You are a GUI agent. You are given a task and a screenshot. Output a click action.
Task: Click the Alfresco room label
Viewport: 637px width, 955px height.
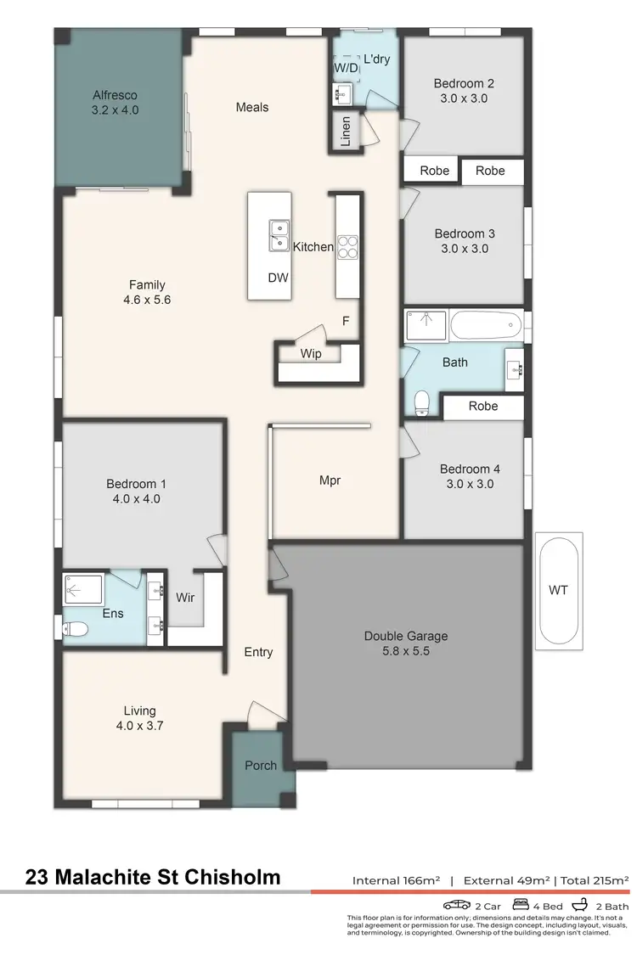[115, 95]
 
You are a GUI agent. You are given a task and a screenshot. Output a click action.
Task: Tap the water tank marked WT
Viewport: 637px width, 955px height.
[559, 589]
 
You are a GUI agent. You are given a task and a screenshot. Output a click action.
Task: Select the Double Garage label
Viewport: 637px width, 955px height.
[405, 636]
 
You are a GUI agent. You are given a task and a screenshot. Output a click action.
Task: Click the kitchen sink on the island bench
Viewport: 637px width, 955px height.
[278, 235]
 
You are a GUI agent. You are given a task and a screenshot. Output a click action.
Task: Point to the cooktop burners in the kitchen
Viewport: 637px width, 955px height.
[347, 246]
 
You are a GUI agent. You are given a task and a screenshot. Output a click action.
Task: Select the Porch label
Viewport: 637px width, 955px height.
[261, 765]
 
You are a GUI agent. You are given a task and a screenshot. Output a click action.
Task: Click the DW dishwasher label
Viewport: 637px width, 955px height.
[277, 278]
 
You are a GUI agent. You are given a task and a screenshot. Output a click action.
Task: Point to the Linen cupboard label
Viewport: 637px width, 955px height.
[346, 132]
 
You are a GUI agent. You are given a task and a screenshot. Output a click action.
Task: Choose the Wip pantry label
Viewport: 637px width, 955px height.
[311, 353]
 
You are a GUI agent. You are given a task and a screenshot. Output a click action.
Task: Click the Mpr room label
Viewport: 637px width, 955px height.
[330, 480]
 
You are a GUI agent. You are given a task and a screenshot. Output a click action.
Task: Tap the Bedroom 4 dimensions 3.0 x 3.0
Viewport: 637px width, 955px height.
[465, 484]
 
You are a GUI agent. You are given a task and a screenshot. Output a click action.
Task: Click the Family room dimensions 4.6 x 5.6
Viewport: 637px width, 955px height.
[147, 300]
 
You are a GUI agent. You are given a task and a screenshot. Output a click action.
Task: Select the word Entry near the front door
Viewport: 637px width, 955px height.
[258, 652]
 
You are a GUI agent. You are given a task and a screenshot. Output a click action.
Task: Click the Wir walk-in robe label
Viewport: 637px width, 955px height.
[185, 598]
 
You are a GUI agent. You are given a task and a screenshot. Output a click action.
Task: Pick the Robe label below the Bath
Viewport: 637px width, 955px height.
[482, 406]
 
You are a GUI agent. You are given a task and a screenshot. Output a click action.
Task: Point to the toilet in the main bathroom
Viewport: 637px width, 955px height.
[420, 400]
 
